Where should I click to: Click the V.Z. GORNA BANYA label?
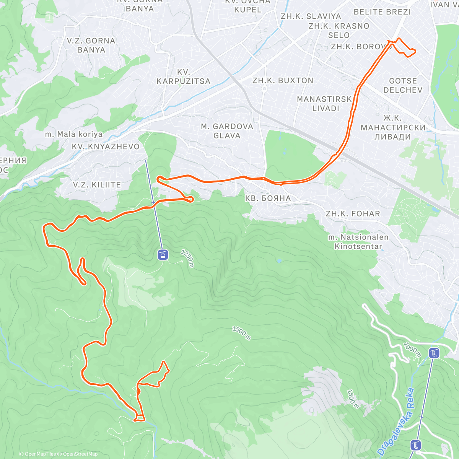pyautogui.click(x=91, y=45)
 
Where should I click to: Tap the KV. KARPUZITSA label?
pyautogui.click(x=183, y=76)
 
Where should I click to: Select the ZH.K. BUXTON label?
pyautogui.click(x=283, y=81)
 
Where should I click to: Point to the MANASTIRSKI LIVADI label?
pyautogui.click(x=324, y=104)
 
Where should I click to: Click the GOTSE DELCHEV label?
pyautogui.click(x=403, y=85)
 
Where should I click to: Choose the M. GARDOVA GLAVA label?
pyautogui.click(x=227, y=131)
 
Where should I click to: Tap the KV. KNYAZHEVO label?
pyautogui.click(x=106, y=146)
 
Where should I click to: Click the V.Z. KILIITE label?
pyautogui.click(x=97, y=185)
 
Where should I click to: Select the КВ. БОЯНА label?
pyautogui.click(x=268, y=198)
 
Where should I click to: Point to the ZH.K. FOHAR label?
pyautogui.click(x=353, y=214)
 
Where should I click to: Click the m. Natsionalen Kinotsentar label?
pyautogui.click(x=358, y=242)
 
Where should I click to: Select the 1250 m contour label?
pyautogui.click(x=188, y=259)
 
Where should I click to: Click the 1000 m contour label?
pyautogui.click(x=412, y=350)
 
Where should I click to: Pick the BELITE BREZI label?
pyautogui.click(x=382, y=12)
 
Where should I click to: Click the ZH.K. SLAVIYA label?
pyautogui.click(x=311, y=16)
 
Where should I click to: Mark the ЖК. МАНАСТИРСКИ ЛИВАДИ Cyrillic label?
pyautogui.click(x=393, y=127)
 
